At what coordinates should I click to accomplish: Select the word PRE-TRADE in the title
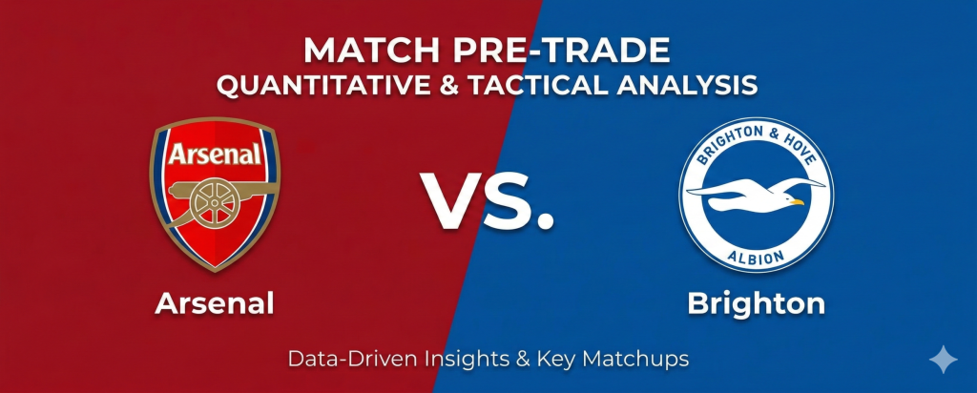click(560, 52)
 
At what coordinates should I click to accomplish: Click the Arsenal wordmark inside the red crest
click(215, 154)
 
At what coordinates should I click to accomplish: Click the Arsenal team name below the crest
click(215, 304)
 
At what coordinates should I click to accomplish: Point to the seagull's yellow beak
click(797, 202)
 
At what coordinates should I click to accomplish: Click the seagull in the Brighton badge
click(756, 194)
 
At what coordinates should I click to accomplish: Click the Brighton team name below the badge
click(756, 304)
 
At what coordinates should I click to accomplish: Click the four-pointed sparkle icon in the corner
click(944, 360)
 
